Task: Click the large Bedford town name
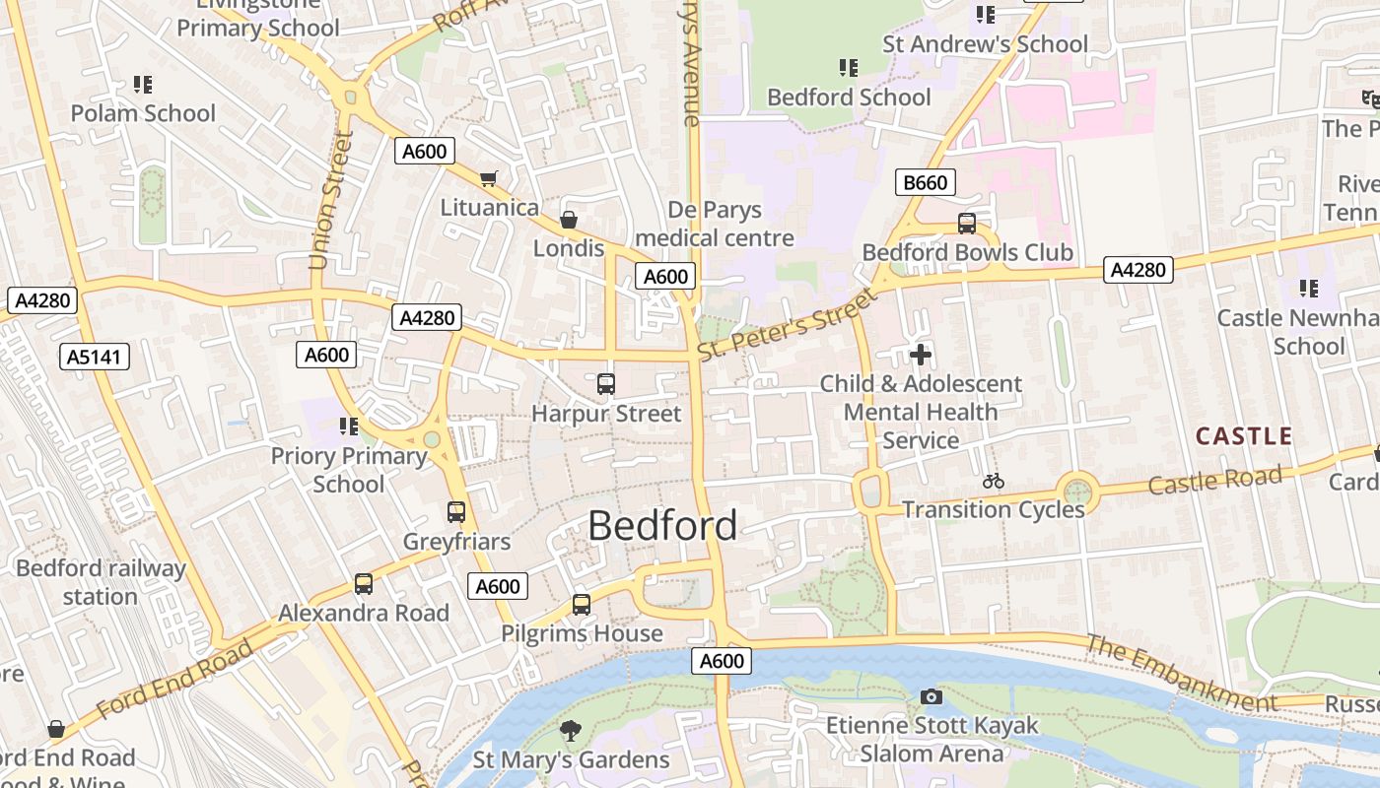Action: (x=662, y=526)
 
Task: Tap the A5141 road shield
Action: (x=95, y=357)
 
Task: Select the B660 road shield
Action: (x=926, y=182)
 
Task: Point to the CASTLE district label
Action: (x=1243, y=436)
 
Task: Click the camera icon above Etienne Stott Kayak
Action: (x=931, y=697)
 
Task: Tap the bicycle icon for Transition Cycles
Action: (x=994, y=481)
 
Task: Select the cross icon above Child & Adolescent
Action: (x=921, y=355)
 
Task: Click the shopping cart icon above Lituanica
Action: (x=488, y=178)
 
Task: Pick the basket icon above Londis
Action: (x=569, y=220)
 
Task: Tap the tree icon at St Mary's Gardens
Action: (x=570, y=730)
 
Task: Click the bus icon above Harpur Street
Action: (x=606, y=384)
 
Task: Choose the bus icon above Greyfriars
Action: (x=456, y=512)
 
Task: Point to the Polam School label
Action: (x=143, y=113)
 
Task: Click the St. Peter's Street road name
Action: (x=786, y=324)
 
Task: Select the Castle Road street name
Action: (x=1214, y=481)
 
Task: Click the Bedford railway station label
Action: (x=101, y=582)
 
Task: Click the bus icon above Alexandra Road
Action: (x=364, y=584)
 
